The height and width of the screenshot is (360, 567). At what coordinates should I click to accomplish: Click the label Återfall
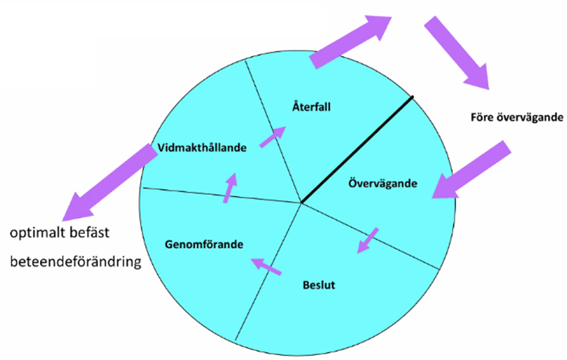pos(310,107)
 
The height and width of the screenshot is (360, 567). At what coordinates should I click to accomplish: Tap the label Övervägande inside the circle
pos(382,184)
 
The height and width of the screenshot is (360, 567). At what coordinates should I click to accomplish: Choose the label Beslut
pos(320,286)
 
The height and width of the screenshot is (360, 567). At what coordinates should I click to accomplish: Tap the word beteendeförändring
pos(75,263)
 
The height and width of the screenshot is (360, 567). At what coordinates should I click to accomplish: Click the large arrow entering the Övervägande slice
pos(470,169)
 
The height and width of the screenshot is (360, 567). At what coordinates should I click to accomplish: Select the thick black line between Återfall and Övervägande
pos(357,149)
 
